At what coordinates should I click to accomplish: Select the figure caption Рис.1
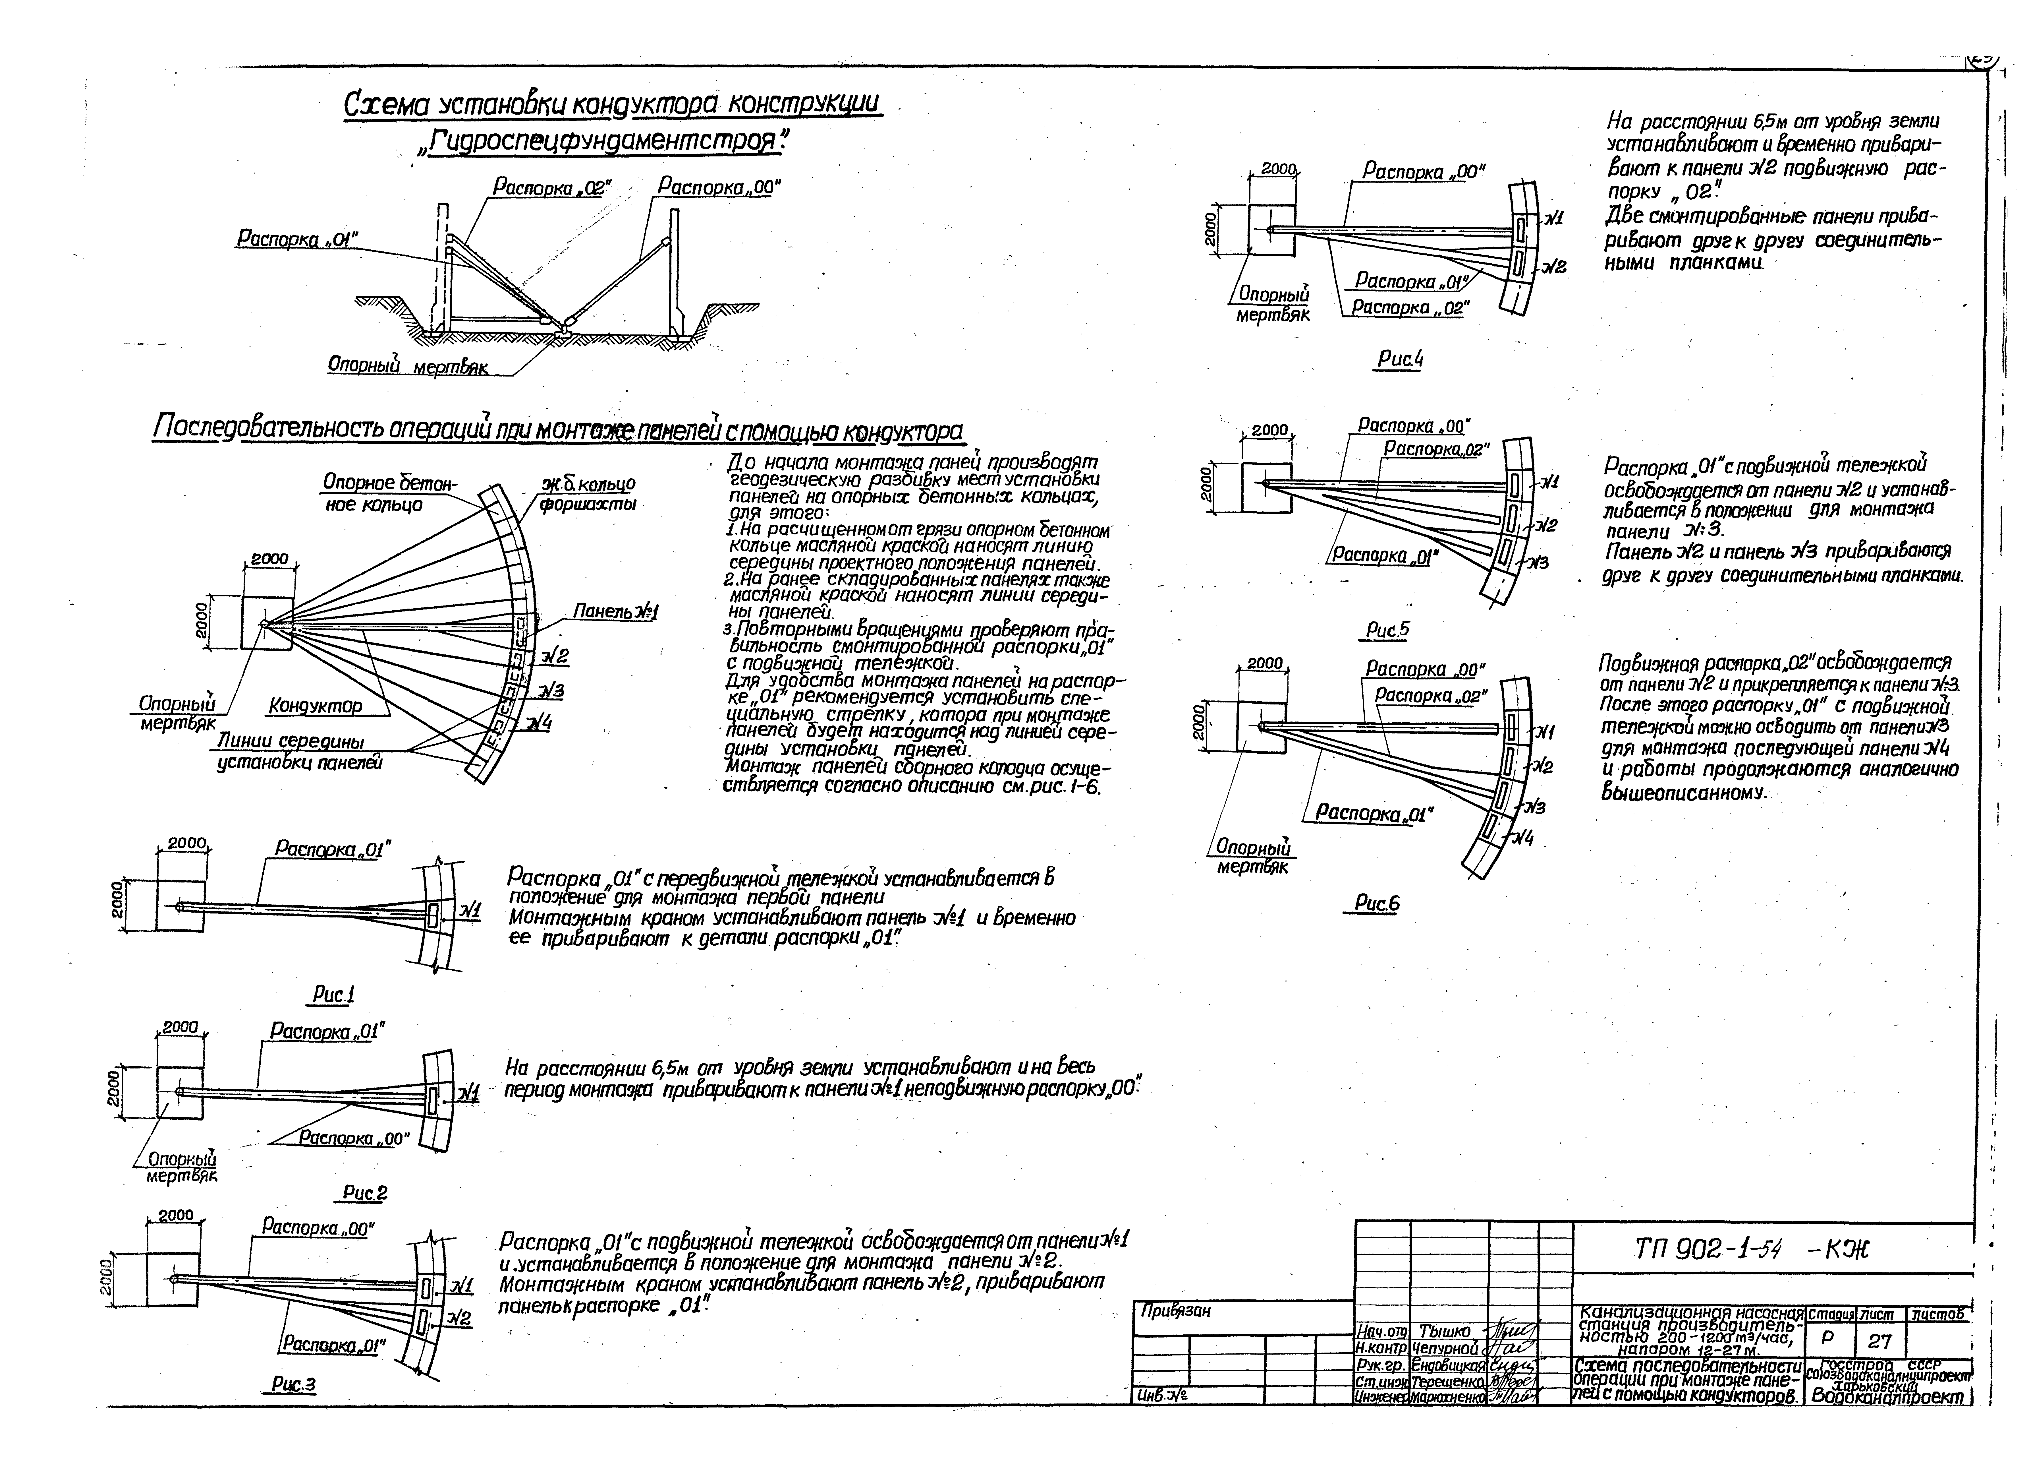pos(334,994)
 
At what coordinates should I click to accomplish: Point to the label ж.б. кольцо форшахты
pos(588,493)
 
